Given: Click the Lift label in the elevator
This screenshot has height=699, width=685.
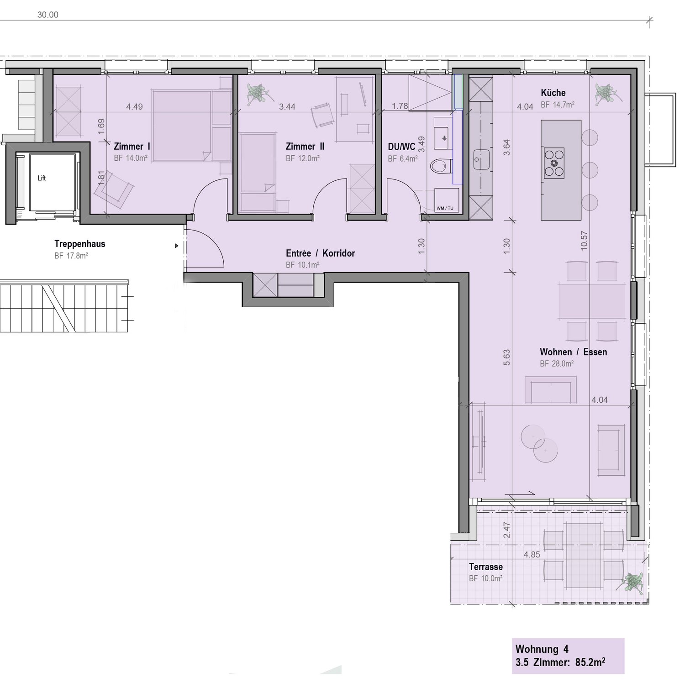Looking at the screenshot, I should [x=42, y=178].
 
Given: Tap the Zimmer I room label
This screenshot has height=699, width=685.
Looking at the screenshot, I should [x=132, y=147].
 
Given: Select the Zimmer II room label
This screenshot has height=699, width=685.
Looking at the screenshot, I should [x=305, y=147].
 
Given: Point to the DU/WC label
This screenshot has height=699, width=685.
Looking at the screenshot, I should [x=401, y=147].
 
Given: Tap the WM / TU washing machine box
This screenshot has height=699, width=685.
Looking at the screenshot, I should [x=446, y=200].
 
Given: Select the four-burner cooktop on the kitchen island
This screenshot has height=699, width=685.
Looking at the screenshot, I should [x=553, y=163].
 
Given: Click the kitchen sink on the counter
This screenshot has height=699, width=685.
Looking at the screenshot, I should [x=480, y=159].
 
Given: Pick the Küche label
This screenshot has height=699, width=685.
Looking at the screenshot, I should [x=553, y=93].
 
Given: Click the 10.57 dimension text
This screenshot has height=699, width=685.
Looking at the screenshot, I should [x=584, y=240].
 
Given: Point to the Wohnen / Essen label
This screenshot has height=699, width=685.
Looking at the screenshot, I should [x=573, y=352].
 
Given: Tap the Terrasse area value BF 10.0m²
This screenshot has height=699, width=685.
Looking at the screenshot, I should [x=485, y=578].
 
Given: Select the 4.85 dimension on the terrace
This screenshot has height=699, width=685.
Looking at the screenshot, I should [x=532, y=555].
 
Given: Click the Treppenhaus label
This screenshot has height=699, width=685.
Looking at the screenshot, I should [x=79, y=244].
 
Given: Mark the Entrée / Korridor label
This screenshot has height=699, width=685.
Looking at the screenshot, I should [x=320, y=253].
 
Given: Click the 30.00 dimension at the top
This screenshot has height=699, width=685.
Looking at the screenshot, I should [x=47, y=15].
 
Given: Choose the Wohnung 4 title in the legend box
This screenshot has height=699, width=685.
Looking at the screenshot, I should [x=542, y=649].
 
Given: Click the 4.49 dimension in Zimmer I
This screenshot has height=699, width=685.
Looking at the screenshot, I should [x=134, y=107].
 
